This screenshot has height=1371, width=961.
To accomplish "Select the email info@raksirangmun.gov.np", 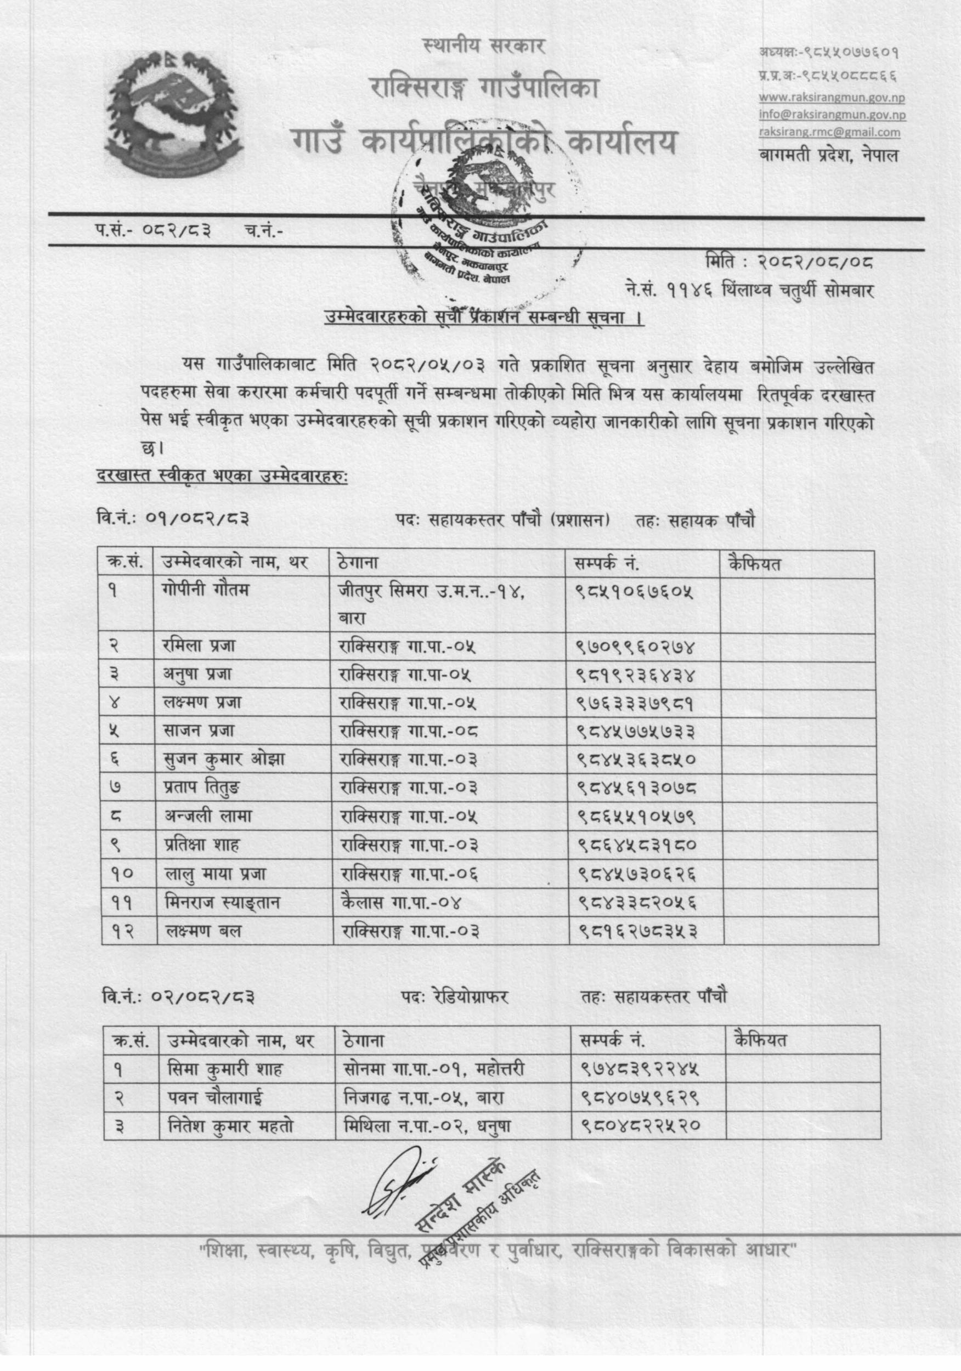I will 832,115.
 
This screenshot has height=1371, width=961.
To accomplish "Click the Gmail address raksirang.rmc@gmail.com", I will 829,133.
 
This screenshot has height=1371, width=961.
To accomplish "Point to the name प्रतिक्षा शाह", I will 208,845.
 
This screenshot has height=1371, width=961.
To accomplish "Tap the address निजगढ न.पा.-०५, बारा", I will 424,1097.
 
